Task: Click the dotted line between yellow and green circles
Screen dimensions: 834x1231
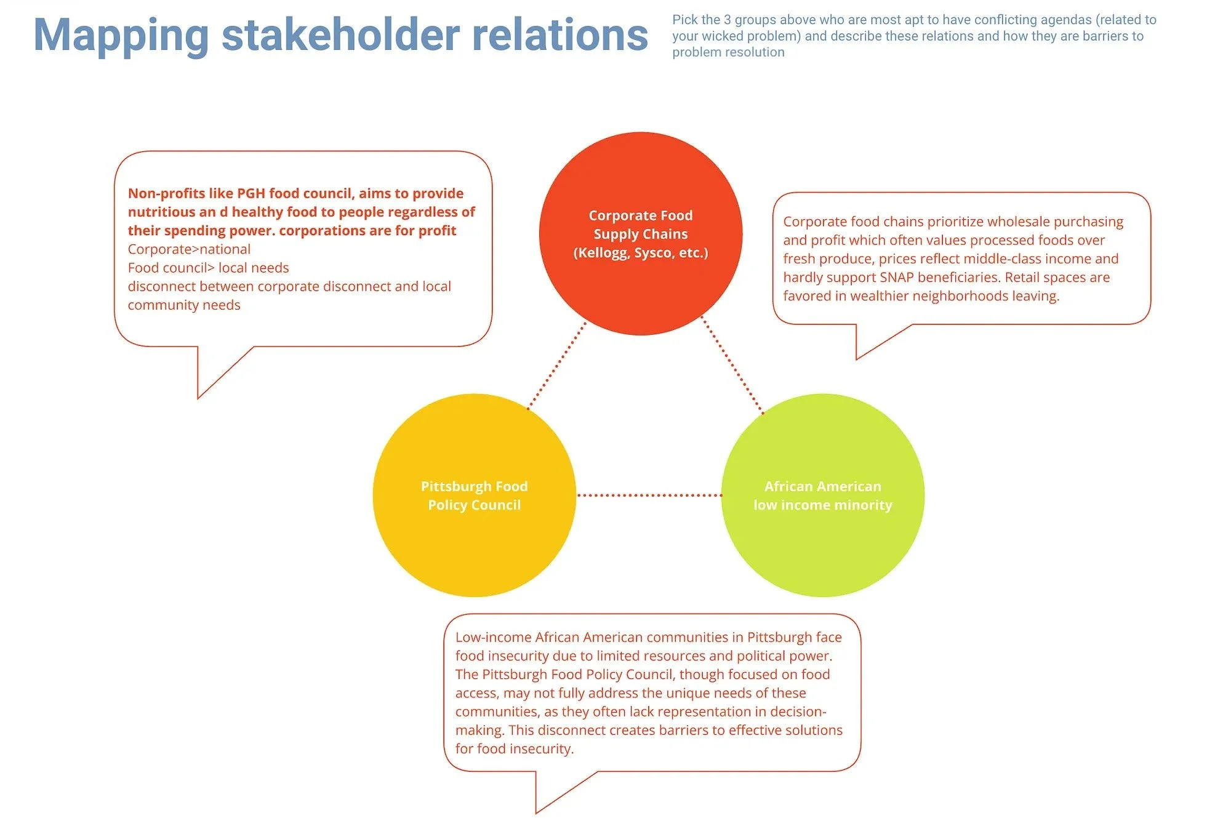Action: pos(649,495)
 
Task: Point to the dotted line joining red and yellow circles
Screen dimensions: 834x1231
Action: pos(557,365)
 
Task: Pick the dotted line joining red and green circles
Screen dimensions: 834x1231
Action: pos(732,365)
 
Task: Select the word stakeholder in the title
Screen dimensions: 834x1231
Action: pos(340,36)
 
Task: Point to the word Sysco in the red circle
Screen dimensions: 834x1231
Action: pos(654,253)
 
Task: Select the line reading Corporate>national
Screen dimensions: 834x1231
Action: pos(189,249)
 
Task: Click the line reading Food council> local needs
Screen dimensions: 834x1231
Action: pos(208,268)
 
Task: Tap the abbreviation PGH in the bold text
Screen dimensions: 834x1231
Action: pos(251,193)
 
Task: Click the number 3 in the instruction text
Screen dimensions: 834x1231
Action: pos(727,20)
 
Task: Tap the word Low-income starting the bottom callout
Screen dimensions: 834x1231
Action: pos(493,638)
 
